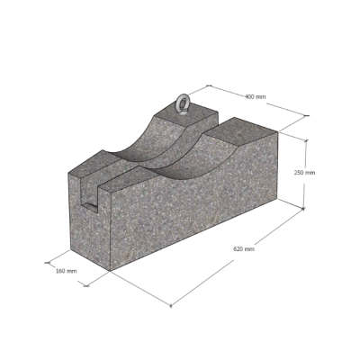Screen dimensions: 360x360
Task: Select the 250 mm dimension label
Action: (304, 173)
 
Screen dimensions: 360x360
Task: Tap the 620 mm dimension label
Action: (244, 249)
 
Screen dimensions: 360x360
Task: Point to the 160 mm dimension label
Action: (67, 271)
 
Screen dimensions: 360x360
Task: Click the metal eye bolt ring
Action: (182, 103)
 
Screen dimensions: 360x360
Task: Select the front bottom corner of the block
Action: (110, 271)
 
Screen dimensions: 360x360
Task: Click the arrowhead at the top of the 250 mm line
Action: (306, 140)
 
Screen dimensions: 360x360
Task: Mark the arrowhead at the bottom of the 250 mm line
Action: (303, 208)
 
